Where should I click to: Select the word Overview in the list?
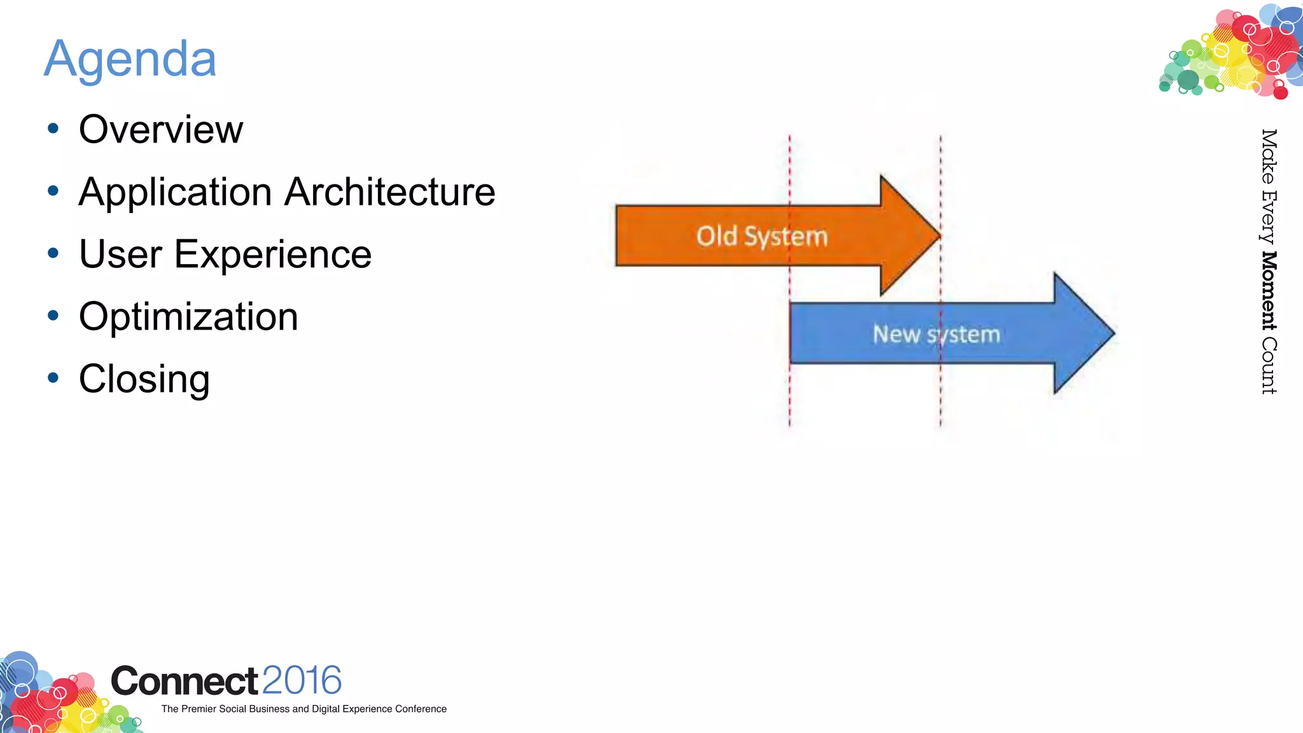161,130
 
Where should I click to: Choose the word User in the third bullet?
120,255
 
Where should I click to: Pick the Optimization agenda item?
188,317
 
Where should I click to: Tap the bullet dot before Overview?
53,129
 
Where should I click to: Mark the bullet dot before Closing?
53,378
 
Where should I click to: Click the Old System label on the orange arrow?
762,237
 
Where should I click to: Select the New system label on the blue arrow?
936,335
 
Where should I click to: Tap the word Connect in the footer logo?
185,681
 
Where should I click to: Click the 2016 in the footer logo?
302,681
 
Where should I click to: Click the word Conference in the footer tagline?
421,709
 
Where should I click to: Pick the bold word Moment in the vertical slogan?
1269,291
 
